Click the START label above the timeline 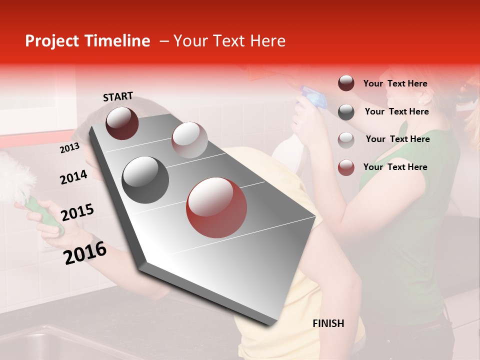click(118, 96)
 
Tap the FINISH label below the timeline click(328, 323)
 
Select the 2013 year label click(69, 147)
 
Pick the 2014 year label click(73, 177)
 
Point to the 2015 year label click(77, 212)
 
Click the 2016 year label click(85, 252)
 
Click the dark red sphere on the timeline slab click(122, 123)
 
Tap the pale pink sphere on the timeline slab click(189, 140)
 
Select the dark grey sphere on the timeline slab click(145, 179)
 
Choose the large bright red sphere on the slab click(216, 207)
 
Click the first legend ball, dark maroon click(346, 83)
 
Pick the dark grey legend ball click(346, 111)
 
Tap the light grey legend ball click(346, 139)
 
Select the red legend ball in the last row click(346, 167)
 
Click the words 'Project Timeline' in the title click(87, 41)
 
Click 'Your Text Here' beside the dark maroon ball click(395, 83)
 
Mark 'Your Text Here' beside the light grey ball click(398, 139)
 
